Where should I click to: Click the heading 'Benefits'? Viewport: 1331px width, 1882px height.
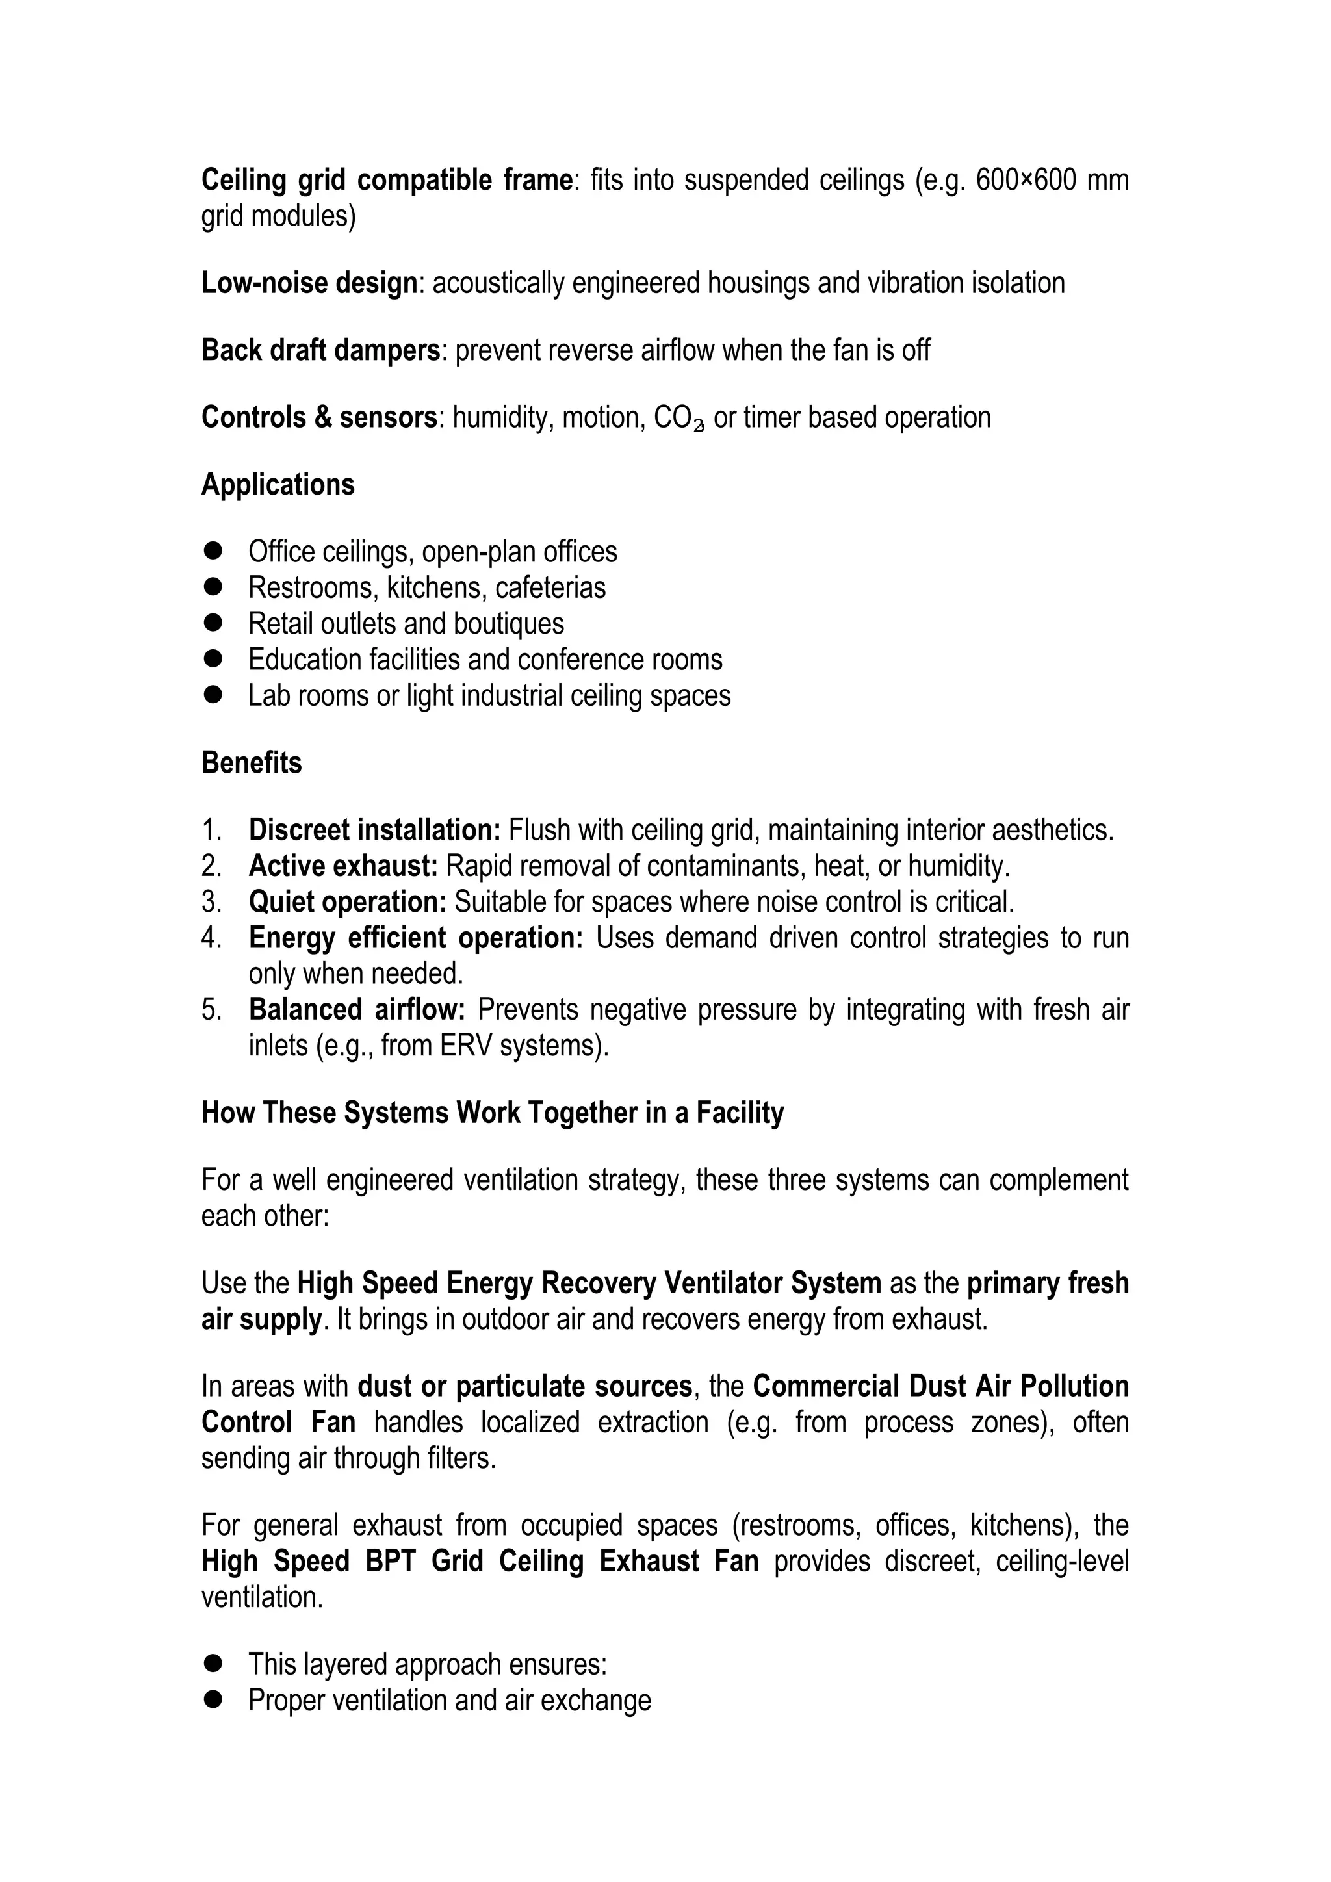tap(252, 762)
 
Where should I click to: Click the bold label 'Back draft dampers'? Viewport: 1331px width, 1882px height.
tap(321, 350)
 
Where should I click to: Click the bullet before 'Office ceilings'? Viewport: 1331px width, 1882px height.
tap(214, 551)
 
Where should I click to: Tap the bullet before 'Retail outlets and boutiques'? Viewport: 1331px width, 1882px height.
tap(214, 623)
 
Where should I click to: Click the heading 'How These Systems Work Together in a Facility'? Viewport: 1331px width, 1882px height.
tap(493, 1113)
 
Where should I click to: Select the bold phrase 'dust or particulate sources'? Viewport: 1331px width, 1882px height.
tap(525, 1386)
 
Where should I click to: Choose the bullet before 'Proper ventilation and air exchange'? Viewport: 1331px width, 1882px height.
tap(214, 1700)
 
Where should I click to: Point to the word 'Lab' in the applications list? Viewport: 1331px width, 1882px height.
tap(267, 695)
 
